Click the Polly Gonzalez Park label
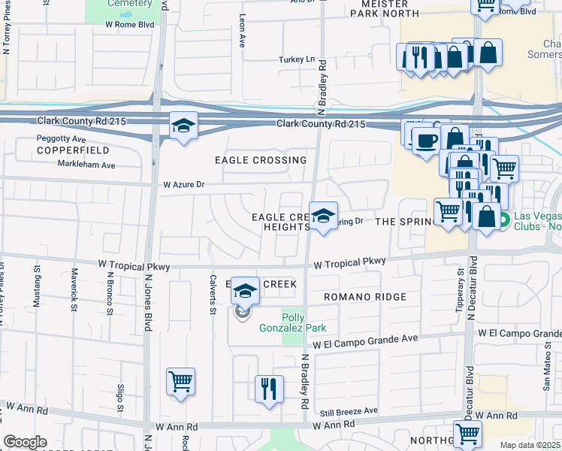303,322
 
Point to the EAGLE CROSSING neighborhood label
261,160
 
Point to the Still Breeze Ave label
349,411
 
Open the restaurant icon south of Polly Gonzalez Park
269,389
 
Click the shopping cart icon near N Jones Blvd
181,381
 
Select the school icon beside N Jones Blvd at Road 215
183,126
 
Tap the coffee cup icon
426,141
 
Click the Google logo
26,441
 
